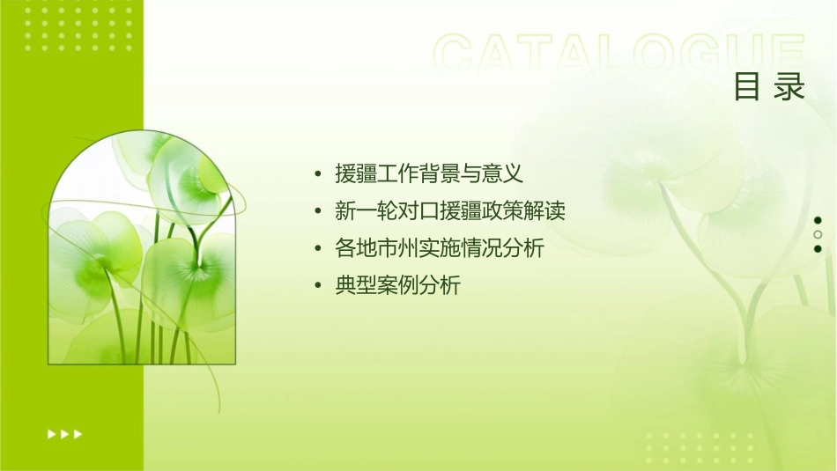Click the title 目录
(x=769, y=87)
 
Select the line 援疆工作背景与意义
(x=429, y=173)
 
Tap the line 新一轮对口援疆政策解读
(x=449, y=211)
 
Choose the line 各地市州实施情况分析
(x=440, y=248)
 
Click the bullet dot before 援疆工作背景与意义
(x=318, y=174)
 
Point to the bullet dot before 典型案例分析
(x=318, y=286)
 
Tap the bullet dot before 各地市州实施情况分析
(x=318, y=249)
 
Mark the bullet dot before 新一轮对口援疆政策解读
(x=318, y=212)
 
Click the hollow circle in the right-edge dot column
(x=818, y=234)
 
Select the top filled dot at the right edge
(x=818, y=220)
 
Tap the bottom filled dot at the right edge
(x=818, y=248)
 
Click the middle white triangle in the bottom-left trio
(x=65, y=433)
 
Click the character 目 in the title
(x=747, y=87)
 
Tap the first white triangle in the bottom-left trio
(x=52, y=433)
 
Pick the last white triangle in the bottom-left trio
(x=78, y=433)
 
